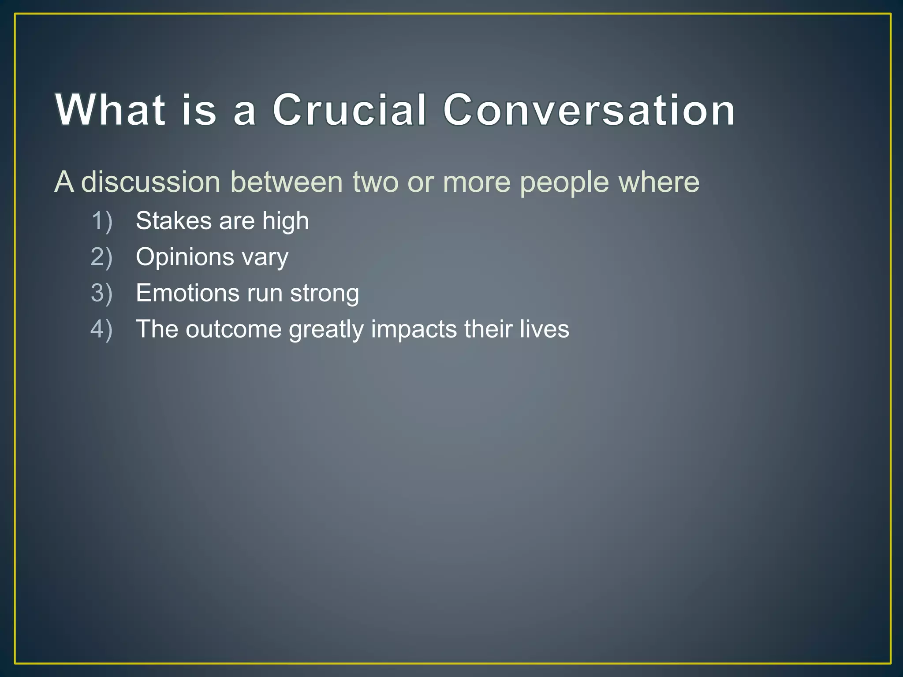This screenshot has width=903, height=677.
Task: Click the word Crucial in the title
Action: coord(350,110)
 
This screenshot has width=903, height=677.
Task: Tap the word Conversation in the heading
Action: coord(589,110)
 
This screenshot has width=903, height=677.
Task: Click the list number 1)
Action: coord(102,221)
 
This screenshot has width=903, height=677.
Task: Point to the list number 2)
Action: coord(102,257)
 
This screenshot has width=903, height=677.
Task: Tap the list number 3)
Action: coord(102,293)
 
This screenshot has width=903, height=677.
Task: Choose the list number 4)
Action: coord(102,329)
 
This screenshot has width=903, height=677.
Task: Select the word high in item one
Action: coord(285,222)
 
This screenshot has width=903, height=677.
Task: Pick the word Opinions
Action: coord(185,258)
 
